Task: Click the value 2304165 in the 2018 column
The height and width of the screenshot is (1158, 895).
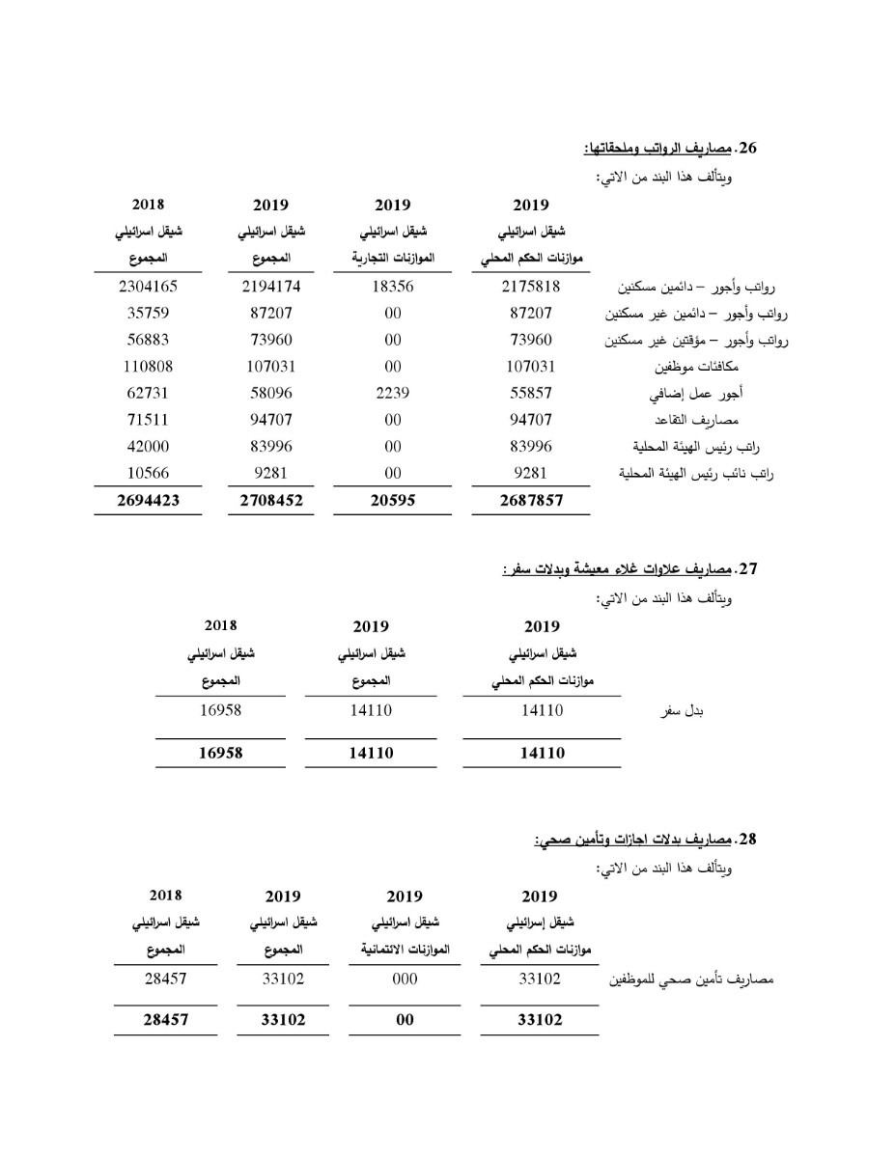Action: pyautogui.click(x=148, y=286)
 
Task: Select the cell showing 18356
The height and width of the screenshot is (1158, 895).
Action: pyautogui.click(x=392, y=286)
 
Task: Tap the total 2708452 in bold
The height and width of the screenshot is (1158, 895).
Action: pyautogui.click(x=270, y=501)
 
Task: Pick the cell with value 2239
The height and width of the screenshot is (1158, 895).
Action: pyautogui.click(x=392, y=393)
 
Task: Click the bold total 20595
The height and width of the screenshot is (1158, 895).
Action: pyautogui.click(x=392, y=501)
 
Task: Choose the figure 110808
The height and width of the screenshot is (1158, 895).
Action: pyautogui.click(x=148, y=366)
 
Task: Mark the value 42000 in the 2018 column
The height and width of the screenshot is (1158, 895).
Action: pyautogui.click(x=148, y=447)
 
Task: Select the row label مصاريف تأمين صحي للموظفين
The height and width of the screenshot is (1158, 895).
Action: pyautogui.click(x=689, y=980)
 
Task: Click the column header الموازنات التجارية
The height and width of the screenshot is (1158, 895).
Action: pyautogui.click(x=392, y=259)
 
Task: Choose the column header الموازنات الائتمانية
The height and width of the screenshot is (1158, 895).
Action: pyautogui.click(x=406, y=951)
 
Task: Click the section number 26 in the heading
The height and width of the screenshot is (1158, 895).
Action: pyautogui.click(x=748, y=149)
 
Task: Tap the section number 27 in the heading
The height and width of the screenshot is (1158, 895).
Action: pyautogui.click(x=748, y=569)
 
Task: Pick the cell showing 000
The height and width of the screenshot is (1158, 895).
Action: pyautogui.click(x=406, y=979)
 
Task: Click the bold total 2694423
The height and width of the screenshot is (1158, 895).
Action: pyautogui.click(x=148, y=501)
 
